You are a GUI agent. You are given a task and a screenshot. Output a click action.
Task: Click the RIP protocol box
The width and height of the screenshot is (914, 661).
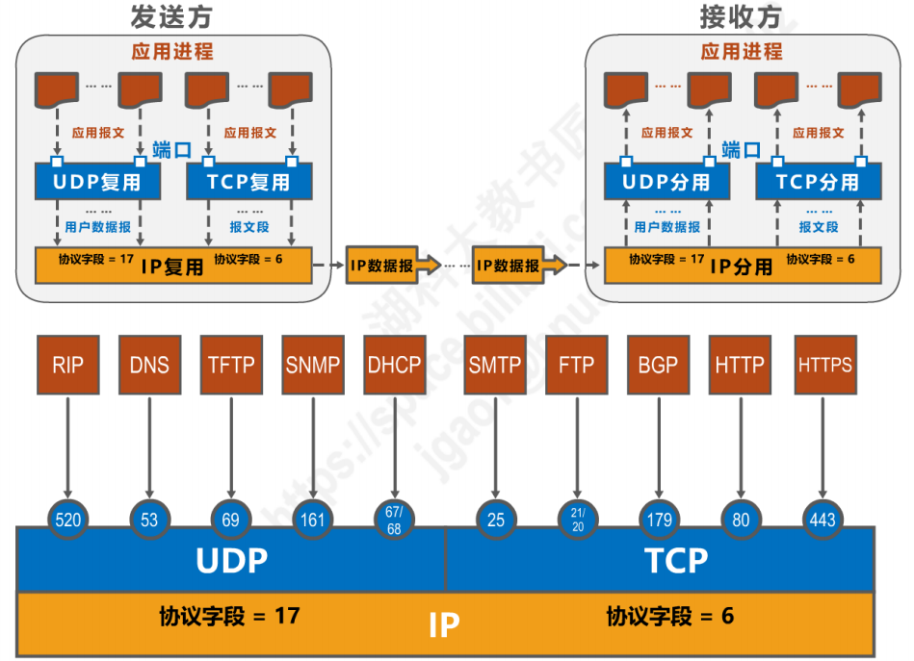tap(67, 365)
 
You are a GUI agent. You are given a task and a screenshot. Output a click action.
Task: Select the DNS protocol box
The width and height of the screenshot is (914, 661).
tap(149, 365)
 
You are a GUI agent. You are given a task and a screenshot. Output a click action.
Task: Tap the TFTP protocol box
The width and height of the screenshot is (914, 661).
tap(231, 365)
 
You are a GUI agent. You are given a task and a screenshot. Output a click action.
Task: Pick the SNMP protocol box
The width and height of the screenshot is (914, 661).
tap(313, 365)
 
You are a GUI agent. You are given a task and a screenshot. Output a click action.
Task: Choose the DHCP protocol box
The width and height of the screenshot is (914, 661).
tap(395, 365)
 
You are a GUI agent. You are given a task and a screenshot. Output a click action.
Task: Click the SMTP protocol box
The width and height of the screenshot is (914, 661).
tap(495, 365)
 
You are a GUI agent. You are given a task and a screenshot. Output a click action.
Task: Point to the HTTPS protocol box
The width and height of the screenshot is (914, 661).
tap(824, 365)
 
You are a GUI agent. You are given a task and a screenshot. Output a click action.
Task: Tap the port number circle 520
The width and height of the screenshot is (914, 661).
tap(68, 521)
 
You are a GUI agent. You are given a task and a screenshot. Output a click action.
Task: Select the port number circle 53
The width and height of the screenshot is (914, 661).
tap(149, 521)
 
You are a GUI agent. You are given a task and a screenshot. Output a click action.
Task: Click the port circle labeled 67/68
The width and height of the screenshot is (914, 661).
tap(395, 521)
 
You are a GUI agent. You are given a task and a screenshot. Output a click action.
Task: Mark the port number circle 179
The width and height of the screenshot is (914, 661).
tap(660, 521)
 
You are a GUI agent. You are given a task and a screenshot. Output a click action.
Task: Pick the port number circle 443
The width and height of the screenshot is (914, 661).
tap(823, 521)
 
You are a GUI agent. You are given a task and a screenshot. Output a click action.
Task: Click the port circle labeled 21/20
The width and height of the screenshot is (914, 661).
tap(577, 521)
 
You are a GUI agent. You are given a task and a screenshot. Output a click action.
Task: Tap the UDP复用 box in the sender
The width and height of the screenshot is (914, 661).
tap(97, 181)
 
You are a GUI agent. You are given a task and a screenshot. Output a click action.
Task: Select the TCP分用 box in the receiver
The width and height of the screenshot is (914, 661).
tap(817, 181)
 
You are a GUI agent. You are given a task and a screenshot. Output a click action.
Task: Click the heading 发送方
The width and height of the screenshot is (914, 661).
tap(170, 16)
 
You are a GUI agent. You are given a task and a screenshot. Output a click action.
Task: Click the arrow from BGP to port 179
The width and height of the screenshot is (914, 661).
tap(659, 447)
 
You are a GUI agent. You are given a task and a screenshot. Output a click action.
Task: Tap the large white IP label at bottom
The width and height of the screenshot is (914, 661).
tap(444, 625)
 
